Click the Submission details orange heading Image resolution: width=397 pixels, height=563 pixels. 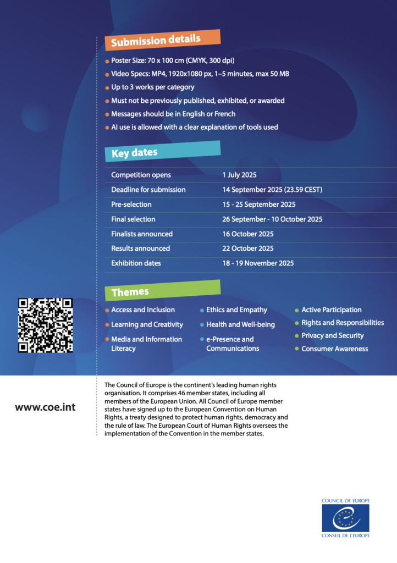(x=162, y=40)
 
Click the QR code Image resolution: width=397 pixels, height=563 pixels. (x=46, y=325)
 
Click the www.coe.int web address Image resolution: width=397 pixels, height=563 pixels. (x=46, y=407)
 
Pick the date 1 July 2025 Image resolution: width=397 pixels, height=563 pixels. (x=239, y=175)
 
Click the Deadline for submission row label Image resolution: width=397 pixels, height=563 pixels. (x=148, y=190)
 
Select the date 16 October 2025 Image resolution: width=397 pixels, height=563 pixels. (x=248, y=234)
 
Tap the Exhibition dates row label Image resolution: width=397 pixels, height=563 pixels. (x=136, y=263)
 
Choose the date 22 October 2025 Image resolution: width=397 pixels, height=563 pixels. (x=248, y=249)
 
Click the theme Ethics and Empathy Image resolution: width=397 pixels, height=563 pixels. (x=236, y=310)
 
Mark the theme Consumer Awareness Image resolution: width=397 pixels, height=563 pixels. (x=334, y=349)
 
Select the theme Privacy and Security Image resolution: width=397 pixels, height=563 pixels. (x=332, y=335)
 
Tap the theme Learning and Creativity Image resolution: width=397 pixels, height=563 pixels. (x=147, y=324)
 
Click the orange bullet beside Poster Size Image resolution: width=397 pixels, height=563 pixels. (x=107, y=61)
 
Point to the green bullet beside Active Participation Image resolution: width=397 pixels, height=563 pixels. (x=297, y=311)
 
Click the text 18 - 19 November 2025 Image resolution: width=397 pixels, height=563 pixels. (x=258, y=263)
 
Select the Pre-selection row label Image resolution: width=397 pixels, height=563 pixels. (x=131, y=205)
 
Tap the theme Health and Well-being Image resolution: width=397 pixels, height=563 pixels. (x=240, y=324)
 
